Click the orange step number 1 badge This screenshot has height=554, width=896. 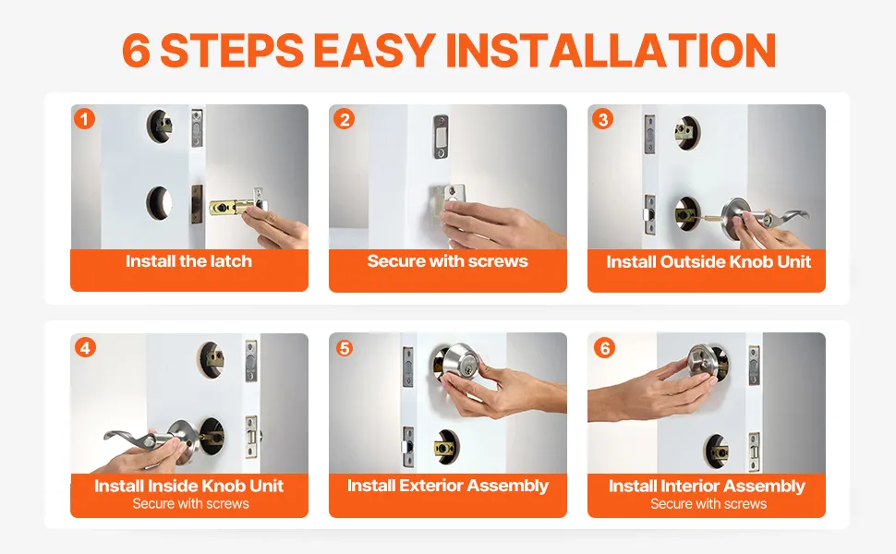tap(85, 119)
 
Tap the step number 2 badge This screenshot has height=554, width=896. tap(344, 119)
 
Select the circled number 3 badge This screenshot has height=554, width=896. tap(603, 119)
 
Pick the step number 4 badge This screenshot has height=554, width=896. tap(85, 347)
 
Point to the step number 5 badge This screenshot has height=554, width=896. tap(344, 348)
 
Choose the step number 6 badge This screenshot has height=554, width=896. tap(605, 347)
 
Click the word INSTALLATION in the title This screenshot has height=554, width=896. tap(611, 50)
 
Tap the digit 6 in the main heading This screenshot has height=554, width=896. tap(137, 50)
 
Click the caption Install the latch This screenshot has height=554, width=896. tap(188, 261)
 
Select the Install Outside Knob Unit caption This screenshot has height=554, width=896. tap(708, 261)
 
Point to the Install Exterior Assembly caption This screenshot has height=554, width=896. tap(447, 486)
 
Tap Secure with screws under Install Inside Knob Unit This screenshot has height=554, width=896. tap(191, 504)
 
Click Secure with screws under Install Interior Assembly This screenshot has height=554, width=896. tap(708, 504)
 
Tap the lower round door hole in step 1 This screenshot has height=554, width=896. tap(159, 203)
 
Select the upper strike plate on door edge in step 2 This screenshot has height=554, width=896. tap(440, 136)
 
